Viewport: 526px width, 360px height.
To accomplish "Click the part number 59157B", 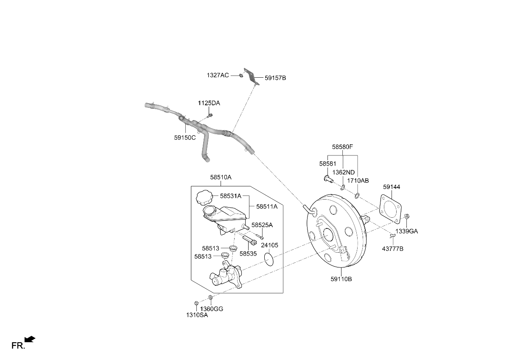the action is [275, 78].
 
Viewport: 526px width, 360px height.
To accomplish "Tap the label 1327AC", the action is [218, 75].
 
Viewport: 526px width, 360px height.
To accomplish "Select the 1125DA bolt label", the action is [209, 103].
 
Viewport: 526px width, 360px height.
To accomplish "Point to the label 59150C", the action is [185, 138].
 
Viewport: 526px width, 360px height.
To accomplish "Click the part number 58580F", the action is [342, 147].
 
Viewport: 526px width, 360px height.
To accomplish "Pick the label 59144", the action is [392, 187].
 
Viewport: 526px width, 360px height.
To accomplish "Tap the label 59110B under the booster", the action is [341, 279].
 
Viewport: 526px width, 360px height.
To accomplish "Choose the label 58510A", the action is [221, 177].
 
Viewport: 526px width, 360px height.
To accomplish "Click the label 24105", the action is [270, 245].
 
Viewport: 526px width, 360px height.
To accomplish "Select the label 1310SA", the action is [197, 315].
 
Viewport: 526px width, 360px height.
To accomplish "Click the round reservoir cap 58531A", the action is [204, 197].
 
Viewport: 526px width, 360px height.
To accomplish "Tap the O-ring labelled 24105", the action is [269, 259].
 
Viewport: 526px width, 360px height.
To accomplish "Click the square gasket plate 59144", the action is [391, 209].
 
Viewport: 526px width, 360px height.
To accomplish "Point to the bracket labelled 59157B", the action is [252, 76].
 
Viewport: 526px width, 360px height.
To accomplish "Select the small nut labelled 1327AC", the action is [241, 76].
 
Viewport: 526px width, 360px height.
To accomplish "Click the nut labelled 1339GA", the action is [407, 217].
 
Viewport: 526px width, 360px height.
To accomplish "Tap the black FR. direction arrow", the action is [30, 339].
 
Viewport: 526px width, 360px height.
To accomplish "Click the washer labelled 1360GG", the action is [211, 297].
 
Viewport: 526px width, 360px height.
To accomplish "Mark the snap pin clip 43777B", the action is [392, 236].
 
